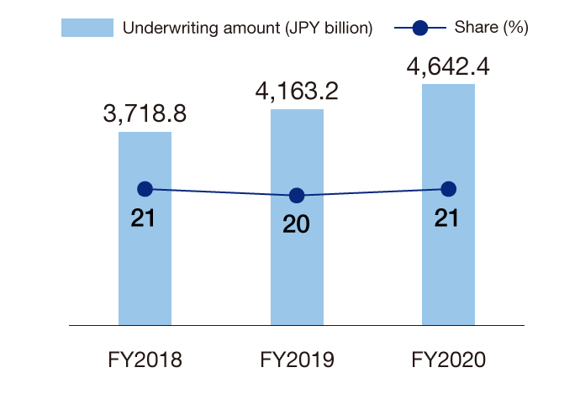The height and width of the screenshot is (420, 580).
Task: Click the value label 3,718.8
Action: [x=145, y=113]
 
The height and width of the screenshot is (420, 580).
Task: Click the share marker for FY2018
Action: [x=145, y=190]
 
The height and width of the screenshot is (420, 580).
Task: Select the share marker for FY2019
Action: [x=297, y=196]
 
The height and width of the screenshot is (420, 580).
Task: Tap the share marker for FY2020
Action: [x=448, y=189]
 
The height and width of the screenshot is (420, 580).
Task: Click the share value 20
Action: [x=297, y=224]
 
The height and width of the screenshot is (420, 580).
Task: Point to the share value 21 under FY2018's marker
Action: [x=145, y=218]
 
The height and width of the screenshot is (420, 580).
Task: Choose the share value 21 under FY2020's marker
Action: [x=448, y=218]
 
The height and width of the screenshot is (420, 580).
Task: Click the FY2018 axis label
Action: [x=145, y=360]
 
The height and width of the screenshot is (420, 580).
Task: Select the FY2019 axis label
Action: [x=297, y=360]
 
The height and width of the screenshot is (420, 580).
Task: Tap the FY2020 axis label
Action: [x=448, y=360]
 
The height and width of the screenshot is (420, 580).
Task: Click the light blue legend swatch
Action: [x=87, y=28]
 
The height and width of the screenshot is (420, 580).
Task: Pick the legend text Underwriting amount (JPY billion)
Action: [x=247, y=28]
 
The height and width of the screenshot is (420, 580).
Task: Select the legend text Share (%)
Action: [x=491, y=28]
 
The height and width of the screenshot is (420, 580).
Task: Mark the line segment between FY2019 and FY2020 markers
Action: [x=372, y=192]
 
